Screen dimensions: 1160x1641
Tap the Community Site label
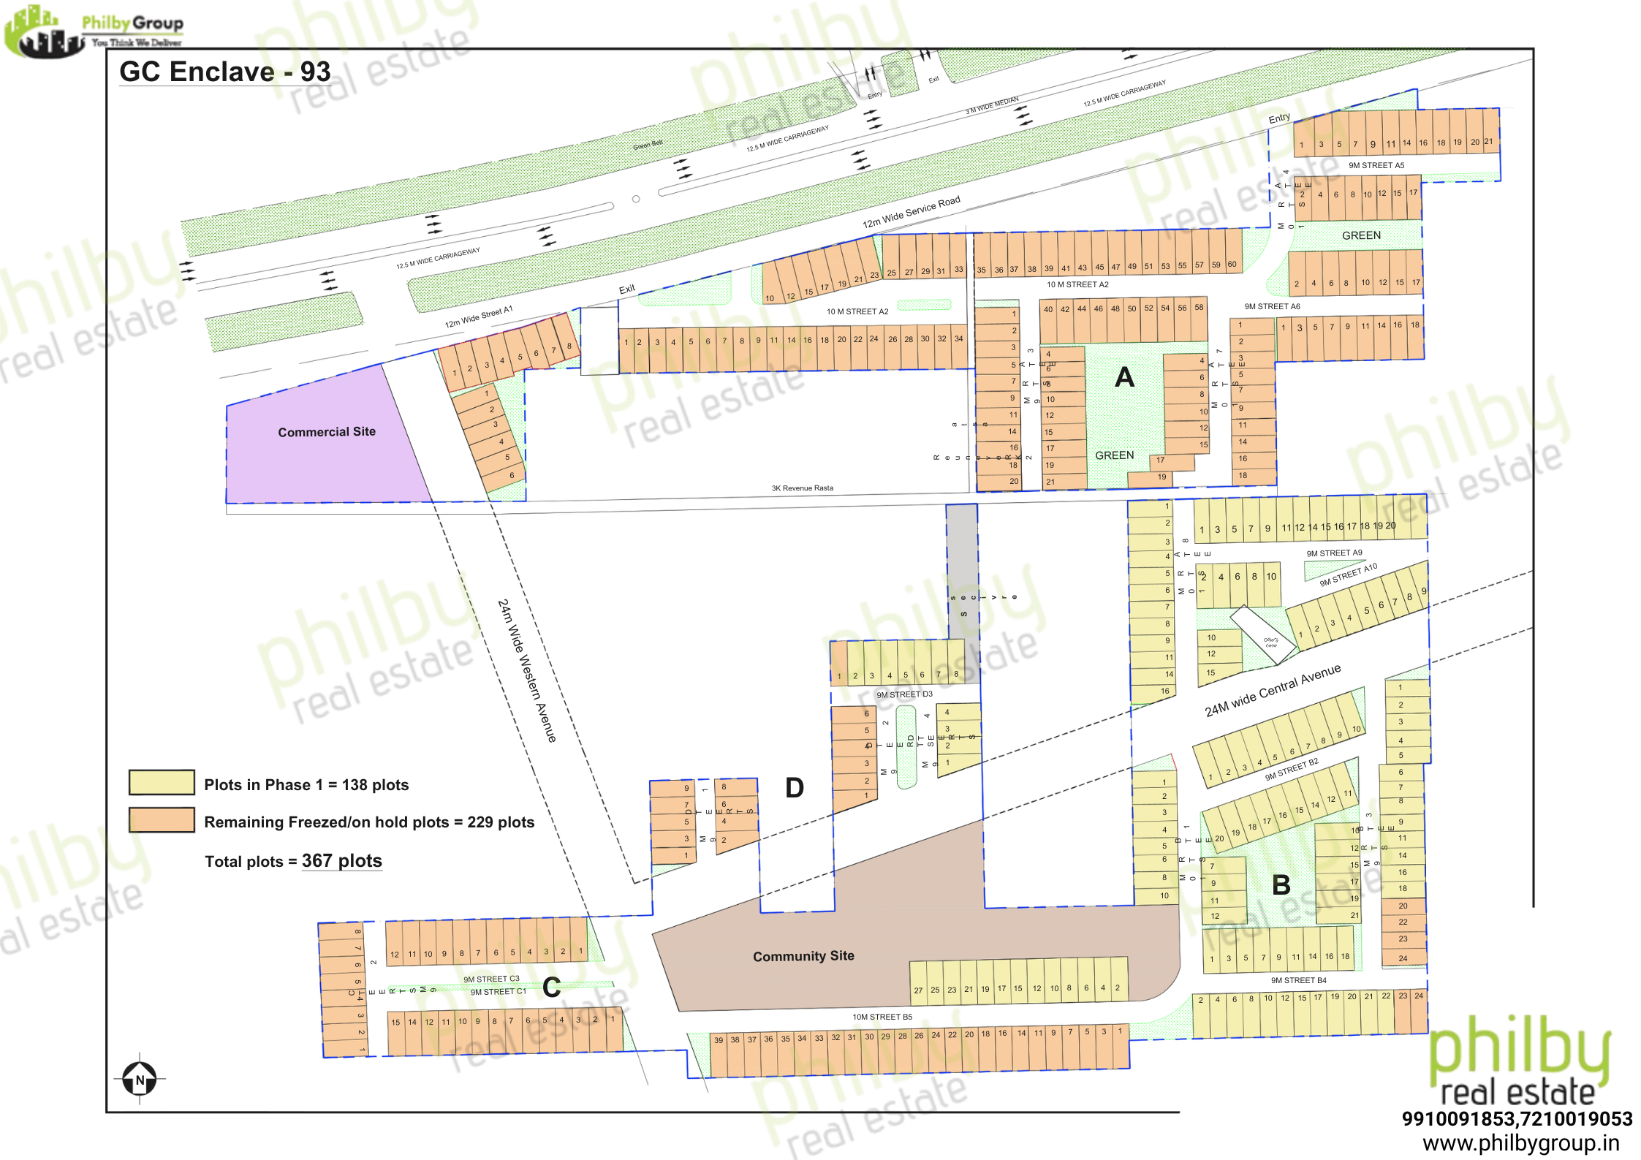point(803,956)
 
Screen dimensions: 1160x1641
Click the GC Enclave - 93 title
point(225,72)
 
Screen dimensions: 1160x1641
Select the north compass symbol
point(140,1079)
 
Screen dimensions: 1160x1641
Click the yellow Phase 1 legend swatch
point(162,782)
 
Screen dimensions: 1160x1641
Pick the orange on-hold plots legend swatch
point(162,820)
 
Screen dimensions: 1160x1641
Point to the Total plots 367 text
point(293,861)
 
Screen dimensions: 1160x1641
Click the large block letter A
point(1124,378)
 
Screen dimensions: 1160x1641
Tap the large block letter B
point(1281,885)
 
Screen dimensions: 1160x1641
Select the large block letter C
point(552,987)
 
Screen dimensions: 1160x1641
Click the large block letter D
point(795,788)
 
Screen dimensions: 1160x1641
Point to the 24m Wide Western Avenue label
point(526,670)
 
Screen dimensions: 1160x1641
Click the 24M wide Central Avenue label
point(1273,690)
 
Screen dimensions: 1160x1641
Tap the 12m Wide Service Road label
point(911,212)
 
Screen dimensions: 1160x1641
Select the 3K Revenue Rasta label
point(802,488)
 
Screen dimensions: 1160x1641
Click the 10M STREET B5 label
point(882,1017)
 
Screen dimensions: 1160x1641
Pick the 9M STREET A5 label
point(1376,165)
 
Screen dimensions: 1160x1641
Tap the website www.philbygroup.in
point(1520,1143)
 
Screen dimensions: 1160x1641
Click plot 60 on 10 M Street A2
point(1232,265)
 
